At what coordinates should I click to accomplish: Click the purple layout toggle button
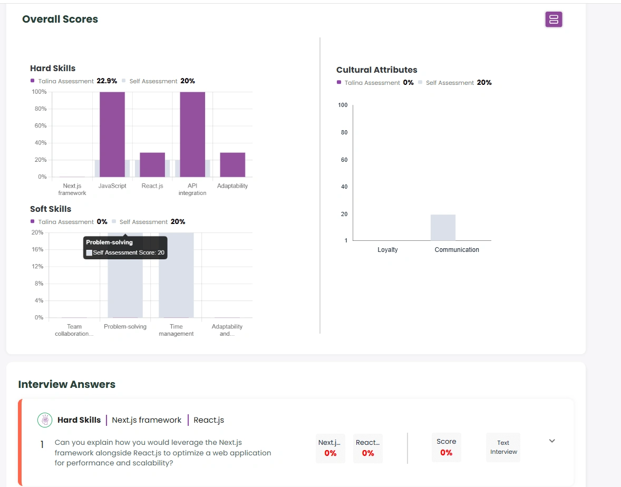click(554, 20)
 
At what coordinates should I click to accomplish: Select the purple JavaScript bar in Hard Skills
click(112, 134)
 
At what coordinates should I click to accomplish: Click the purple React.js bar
click(152, 164)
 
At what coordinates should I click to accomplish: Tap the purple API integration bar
click(192, 134)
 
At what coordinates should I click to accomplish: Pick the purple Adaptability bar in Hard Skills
click(232, 164)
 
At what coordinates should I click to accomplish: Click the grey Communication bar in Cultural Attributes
click(443, 227)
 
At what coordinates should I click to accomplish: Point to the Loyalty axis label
click(387, 250)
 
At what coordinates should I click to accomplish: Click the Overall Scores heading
click(60, 20)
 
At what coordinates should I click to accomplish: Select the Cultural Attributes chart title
click(376, 70)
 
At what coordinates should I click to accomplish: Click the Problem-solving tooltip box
click(125, 248)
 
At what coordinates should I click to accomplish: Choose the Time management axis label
click(176, 330)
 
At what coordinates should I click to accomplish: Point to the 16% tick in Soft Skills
click(37, 249)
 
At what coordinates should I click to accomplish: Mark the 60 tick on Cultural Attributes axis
click(344, 160)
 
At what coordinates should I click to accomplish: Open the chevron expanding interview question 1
click(552, 441)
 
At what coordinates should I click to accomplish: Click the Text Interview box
click(503, 447)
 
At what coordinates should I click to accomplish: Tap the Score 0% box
click(446, 447)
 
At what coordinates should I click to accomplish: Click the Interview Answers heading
click(66, 384)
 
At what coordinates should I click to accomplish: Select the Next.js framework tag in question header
click(147, 420)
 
